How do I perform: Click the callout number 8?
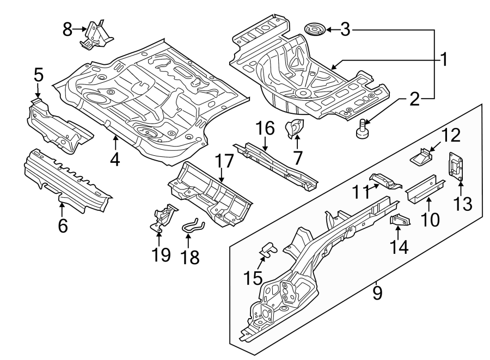click(68, 29)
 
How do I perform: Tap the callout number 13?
click(462, 204)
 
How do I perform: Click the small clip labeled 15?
click(267, 249)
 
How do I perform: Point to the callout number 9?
click(377, 292)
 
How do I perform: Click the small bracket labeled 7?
click(295, 129)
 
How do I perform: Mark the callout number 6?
click(63, 225)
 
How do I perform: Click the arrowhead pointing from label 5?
click(37, 98)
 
